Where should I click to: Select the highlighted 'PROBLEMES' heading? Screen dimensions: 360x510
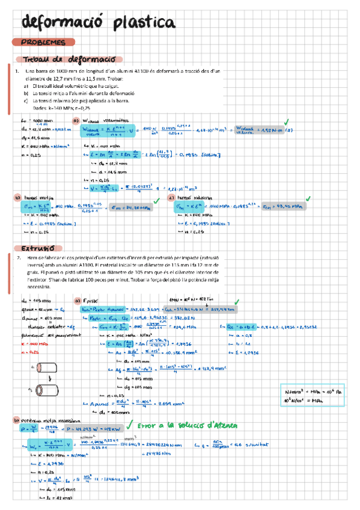click(43, 43)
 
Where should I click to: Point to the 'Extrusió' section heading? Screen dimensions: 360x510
click(38, 248)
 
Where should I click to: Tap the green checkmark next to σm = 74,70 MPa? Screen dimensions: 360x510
click(154, 200)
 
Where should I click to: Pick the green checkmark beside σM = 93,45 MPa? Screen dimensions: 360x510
click(308, 198)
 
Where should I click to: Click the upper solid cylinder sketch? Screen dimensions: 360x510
click(43, 367)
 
